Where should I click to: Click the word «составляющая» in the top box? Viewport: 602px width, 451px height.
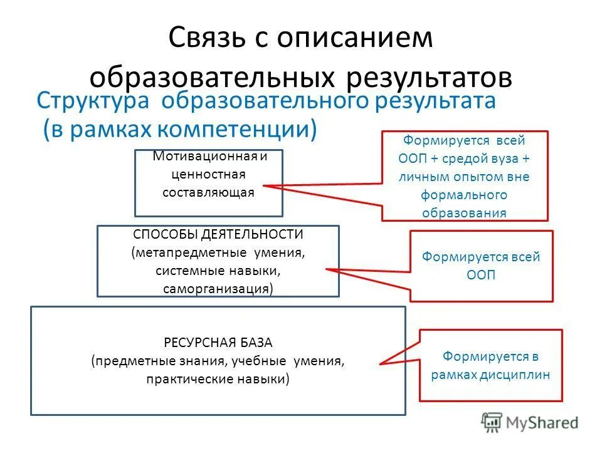(x=208, y=192)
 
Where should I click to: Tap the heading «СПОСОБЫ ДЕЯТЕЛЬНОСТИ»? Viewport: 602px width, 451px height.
(x=218, y=234)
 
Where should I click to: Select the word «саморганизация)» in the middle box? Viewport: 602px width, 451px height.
(x=218, y=289)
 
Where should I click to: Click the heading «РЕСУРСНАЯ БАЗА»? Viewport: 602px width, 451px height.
(x=218, y=343)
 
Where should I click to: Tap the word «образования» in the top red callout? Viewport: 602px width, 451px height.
(x=465, y=212)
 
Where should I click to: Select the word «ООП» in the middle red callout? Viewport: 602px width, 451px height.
(x=481, y=275)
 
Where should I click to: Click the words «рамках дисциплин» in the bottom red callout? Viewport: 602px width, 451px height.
(x=491, y=375)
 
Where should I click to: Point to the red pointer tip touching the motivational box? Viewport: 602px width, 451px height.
(x=264, y=185)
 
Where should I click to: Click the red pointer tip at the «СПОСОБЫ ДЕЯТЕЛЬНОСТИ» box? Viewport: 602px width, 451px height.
(x=327, y=270)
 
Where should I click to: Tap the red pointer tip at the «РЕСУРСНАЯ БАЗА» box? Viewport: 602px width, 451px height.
(x=381, y=363)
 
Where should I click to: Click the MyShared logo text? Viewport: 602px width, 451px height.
(x=542, y=423)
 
